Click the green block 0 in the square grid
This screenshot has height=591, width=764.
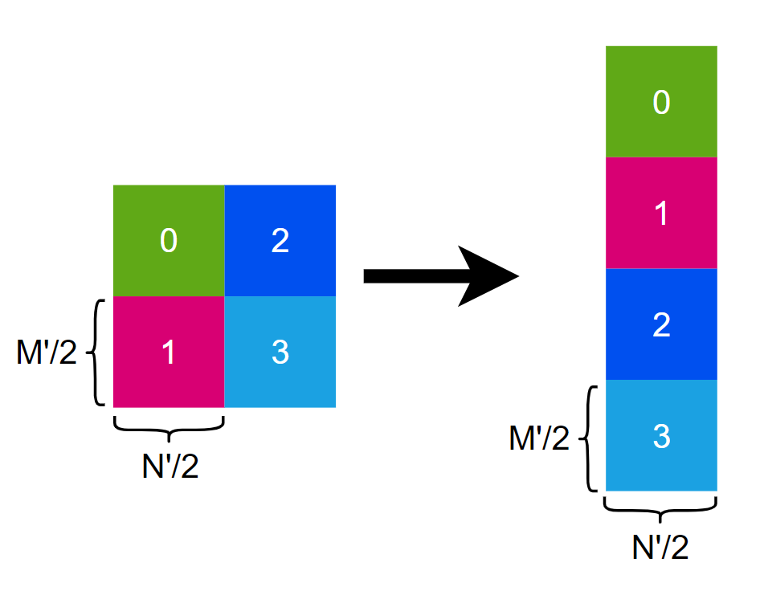click(x=169, y=241)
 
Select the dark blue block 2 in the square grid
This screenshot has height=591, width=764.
click(x=280, y=241)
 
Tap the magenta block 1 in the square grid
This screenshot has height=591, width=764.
click(x=169, y=353)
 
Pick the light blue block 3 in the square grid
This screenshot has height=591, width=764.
click(x=280, y=353)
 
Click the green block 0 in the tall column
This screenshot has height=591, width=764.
click(x=661, y=102)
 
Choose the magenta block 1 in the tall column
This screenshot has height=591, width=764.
click(x=661, y=214)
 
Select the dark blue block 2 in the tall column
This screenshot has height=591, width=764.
click(x=661, y=324)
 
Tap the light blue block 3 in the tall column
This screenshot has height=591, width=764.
click(x=661, y=436)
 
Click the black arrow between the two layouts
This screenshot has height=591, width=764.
click(x=426, y=276)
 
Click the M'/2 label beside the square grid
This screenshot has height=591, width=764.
click(x=46, y=353)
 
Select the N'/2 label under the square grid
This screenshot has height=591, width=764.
click(x=170, y=466)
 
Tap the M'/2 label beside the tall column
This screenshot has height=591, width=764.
click(x=539, y=438)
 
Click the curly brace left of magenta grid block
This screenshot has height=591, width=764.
click(x=96, y=353)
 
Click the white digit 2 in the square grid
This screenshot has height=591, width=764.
click(x=280, y=241)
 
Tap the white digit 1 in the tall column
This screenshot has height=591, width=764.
click(x=661, y=214)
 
